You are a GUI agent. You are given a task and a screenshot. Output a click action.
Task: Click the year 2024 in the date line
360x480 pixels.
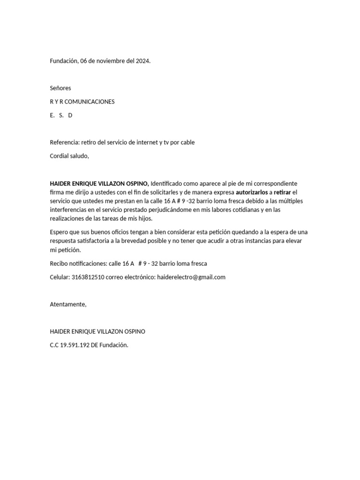click(x=142, y=61)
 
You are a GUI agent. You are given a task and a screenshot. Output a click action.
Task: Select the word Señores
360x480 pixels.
click(x=60, y=88)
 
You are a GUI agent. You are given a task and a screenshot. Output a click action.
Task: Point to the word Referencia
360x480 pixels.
click(x=64, y=142)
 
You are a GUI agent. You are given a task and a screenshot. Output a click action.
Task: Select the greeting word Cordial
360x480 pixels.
click(x=60, y=156)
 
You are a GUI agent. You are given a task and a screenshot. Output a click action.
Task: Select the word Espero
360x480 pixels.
click(x=59, y=232)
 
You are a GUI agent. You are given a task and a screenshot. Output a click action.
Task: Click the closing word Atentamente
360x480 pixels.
click(x=68, y=304)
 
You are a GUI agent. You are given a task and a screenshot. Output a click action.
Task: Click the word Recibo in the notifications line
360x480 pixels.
click(x=59, y=263)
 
